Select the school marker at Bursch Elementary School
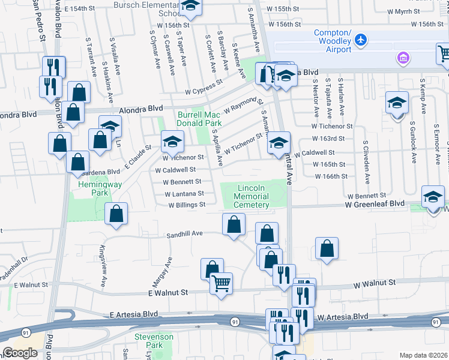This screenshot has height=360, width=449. [x=190, y=6]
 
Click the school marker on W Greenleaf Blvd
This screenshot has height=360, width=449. [x=433, y=196]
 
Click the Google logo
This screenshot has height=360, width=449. [x=20, y=353]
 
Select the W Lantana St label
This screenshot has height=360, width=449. [x=185, y=193]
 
